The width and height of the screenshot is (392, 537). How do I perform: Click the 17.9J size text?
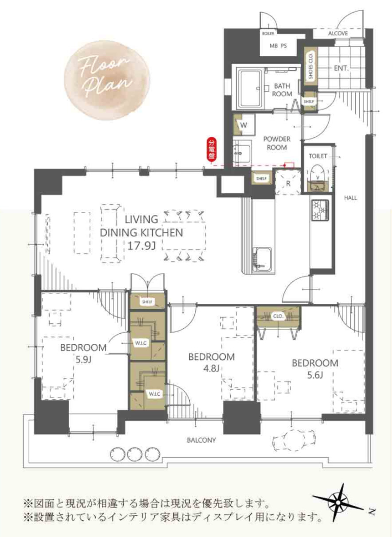click(141, 245)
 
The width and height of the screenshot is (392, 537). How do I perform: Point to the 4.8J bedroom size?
click(211, 368)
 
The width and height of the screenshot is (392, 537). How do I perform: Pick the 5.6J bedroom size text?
click(315, 375)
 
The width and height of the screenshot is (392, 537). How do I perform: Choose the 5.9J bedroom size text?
click(83, 359)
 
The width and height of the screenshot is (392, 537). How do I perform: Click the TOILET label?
click(318, 156)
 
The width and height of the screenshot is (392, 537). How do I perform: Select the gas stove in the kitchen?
click(320, 210)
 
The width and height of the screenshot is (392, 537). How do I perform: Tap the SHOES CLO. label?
click(311, 66)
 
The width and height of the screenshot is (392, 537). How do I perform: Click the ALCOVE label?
click(338, 33)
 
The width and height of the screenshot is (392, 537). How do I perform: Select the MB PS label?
click(278, 46)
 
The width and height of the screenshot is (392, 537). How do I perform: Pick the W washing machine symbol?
click(244, 125)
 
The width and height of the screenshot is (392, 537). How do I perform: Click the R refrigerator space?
click(288, 183)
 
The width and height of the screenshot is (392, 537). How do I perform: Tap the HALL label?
click(350, 198)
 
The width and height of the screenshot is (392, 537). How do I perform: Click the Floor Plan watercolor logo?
click(107, 80)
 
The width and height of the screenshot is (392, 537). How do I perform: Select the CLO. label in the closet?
click(278, 316)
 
